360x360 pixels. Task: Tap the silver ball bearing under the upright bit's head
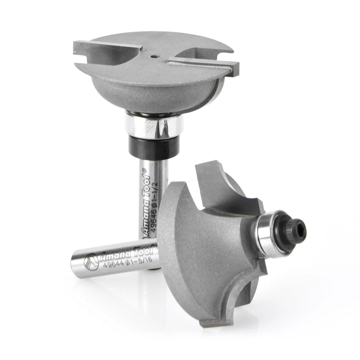coord(154,124)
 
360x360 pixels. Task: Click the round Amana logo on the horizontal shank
coord(91,262)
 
